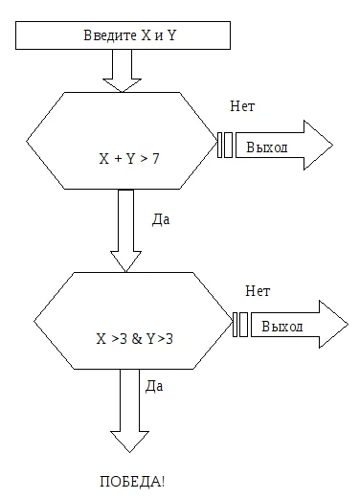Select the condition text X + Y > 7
[129, 159]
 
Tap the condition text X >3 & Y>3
[134, 339]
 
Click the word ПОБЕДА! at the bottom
[132, 482]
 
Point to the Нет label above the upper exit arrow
[242, 106]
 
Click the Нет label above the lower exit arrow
[258, 291]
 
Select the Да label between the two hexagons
[161, 219]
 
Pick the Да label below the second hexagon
[154, 386]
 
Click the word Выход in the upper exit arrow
[267, 147]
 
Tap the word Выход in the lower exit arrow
[282, 327]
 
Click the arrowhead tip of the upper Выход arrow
[332, 146]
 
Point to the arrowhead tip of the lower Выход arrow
[348, 325]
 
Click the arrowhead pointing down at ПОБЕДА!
[129, 442]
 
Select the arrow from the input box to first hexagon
[122, 71]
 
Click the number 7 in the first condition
[156, 159]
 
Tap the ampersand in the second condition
[137, 339]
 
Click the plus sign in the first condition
[118, 159]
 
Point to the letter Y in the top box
[171, 35]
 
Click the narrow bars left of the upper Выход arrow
[225, 146]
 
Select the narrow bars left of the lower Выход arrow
[240, 325]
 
